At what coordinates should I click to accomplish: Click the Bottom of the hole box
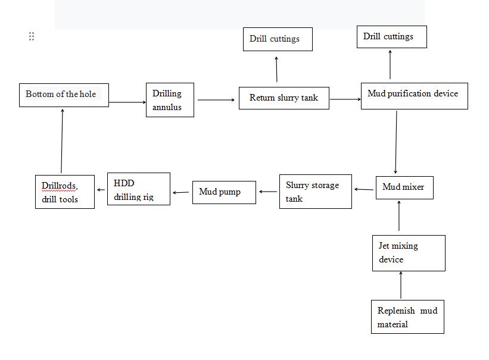click(64, 95)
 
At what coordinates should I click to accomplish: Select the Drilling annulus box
click(170, 100)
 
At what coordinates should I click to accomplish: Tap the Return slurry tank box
click(284, 98)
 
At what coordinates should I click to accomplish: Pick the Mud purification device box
click(414, 95)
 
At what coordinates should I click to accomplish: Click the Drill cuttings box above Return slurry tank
click(278, 39)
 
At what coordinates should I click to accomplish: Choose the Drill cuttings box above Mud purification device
click(391, 37)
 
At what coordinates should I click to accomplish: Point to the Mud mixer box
click(404, 187)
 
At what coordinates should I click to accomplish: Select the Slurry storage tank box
click(315, 192)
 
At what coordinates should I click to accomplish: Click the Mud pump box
click(224, 192)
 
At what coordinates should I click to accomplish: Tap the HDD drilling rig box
click(139, 189)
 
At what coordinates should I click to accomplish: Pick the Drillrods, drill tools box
click(65, 192)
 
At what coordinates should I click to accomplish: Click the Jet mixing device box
click(409, 253)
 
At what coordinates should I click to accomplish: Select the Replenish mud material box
click(408, 317)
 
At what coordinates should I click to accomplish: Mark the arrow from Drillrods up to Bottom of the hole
click(62, 141)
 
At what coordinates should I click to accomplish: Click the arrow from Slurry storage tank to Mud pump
click(268, 192)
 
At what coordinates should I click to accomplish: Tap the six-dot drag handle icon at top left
click(32, 36)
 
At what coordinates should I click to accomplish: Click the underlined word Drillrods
click(59, 186)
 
